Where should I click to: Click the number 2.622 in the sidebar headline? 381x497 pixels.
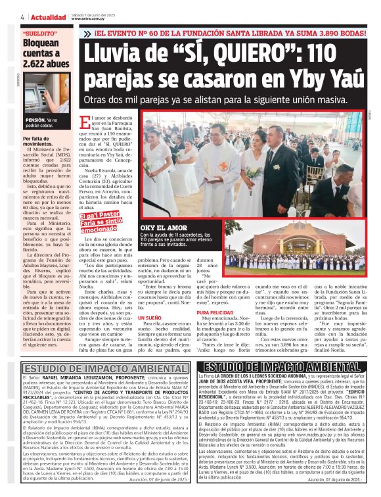click(x=37, y=64)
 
